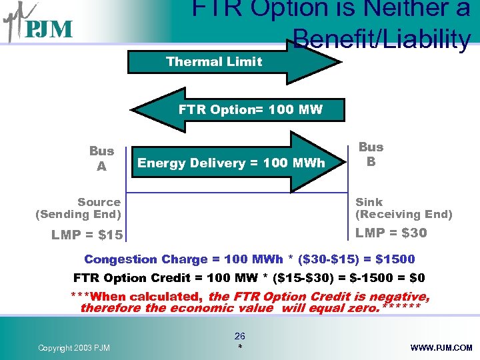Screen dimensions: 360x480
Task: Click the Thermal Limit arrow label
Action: click(x=214, y=61)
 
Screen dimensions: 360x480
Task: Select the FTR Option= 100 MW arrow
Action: click(x=250, y=109)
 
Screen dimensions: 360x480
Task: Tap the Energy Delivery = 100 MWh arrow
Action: click(x=231, y=163)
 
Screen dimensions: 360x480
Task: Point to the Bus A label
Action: click(x=101, y=159)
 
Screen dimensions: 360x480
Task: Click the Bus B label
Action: click(x=371, y=154)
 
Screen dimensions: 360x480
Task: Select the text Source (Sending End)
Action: click(x=79, y=208)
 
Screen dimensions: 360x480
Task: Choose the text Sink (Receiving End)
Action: click(x=403, y=208)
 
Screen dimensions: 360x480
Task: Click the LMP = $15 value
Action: click(x=87, y=235)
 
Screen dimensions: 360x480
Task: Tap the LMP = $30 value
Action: click(x=391, y=233)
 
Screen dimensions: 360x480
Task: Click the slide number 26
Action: click(x=239, y=337)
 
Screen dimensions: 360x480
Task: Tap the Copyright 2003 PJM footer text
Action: click(x=74, y=348)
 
